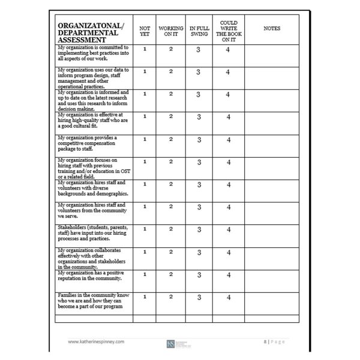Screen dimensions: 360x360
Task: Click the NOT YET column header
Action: point(145,31)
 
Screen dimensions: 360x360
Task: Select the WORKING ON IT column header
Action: point(170,31)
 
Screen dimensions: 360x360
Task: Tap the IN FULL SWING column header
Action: point(198,31)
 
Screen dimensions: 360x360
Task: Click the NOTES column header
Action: point(272,28)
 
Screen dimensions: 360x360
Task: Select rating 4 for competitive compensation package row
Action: point(228,140)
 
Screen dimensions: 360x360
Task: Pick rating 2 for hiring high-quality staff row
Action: point(170,116)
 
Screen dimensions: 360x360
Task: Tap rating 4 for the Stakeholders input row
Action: point(228,230)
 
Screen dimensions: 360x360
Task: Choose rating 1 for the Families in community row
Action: point(145,296)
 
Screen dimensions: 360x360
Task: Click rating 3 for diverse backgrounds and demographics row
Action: point(198,185)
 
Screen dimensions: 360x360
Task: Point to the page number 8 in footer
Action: point(265,340)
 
